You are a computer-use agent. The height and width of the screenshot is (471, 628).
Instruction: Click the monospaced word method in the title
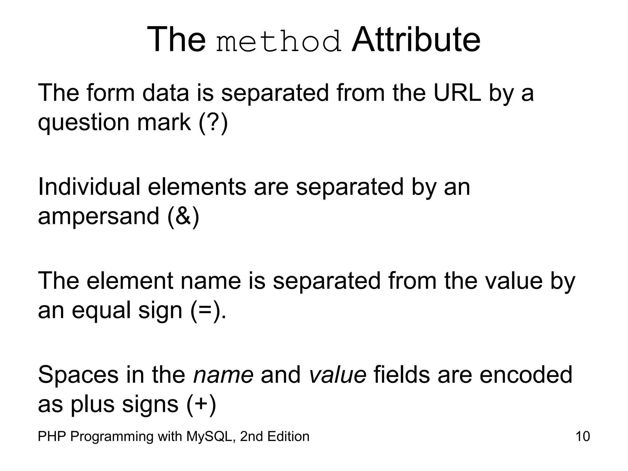click(x=278, y=41)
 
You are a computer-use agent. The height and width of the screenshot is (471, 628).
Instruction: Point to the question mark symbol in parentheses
click(x=213, y=122)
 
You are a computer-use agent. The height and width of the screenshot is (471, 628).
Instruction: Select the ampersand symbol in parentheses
click(x=183, y=216)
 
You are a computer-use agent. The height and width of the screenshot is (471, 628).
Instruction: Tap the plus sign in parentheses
click(x=201, y=404)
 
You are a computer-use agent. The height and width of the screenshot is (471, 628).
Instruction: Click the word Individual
click(x=89, y=187)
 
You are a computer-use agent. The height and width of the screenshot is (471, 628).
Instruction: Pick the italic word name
click(x=223, y=375)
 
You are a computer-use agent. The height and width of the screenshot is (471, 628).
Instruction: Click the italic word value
click(x=337, y=375)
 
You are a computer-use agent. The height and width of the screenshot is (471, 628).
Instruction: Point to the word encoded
click(x=526, y=375)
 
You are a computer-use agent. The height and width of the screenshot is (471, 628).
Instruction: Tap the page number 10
click(x=583, y=436)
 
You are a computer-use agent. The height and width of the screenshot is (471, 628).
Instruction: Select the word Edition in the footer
click(x=288, y=436)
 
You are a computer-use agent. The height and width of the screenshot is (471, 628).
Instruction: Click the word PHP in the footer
click(x=52, y=436)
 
